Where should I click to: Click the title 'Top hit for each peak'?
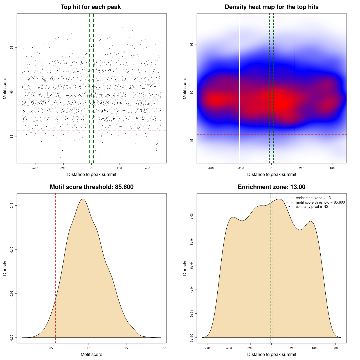[x=91, y=7]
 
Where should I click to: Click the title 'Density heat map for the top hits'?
[x=271, y=7]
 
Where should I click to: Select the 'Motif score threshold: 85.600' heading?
[x=91, y=187]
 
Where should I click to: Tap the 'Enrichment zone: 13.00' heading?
[x=271, y=187]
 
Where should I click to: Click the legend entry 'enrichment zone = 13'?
[x=313, y=198]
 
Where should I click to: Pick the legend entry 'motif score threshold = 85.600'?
[x=320, y=202]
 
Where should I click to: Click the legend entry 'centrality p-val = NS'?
[x=312, y=207]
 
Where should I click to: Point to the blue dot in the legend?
[x=289, y=207]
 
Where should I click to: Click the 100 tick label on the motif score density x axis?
[x=164, y=348]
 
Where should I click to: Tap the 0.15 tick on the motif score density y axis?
[x=12, y=206]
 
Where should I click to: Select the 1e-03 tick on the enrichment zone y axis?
[x=192, y=217]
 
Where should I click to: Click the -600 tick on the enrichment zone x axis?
[x=208, y=348]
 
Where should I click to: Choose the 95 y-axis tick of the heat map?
[x=192, y=44]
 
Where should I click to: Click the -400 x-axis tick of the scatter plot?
[x=35, y=168]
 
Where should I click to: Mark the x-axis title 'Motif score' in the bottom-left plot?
[x=91, y=354]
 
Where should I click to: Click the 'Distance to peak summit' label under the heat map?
[x=271, y=174]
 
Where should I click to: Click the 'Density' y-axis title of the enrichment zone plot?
[x=185, y=268]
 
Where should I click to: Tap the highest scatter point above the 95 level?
[x=71, y=19]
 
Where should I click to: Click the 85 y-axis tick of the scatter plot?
[x=12, y=136]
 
